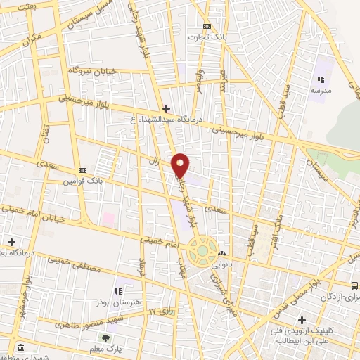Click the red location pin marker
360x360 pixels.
point(181,165)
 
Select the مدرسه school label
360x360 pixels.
point(321,90)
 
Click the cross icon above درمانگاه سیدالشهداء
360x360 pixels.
point(166,108)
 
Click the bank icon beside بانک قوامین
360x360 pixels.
point(83,170)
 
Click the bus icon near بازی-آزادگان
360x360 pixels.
point(354,285)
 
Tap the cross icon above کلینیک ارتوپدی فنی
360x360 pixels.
point(301,319)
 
